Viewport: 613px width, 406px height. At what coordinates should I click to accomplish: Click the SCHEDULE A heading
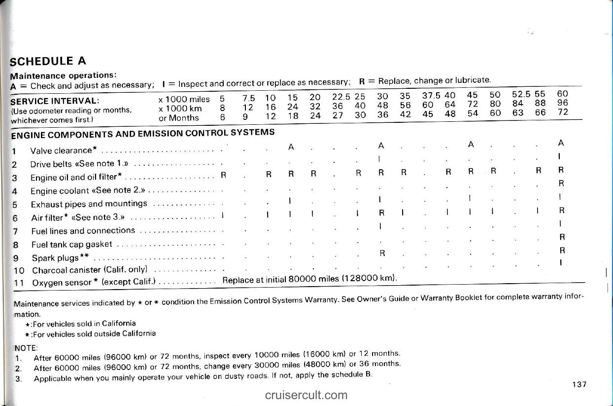48,61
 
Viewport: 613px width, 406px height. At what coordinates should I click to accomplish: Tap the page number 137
579,384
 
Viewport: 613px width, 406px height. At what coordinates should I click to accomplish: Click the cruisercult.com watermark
306,395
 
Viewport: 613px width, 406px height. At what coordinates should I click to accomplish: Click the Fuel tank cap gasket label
71,244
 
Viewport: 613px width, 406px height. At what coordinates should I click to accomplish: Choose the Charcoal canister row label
94,270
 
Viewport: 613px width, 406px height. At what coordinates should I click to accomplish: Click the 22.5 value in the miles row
341,97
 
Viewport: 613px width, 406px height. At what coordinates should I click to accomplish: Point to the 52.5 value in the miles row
520,94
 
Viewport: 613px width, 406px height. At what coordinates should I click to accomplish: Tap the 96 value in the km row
562,103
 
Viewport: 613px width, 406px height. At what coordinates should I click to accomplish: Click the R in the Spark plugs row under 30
382,253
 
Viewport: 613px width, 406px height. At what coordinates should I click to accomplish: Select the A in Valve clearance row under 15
291,147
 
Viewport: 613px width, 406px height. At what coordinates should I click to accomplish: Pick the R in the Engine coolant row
561,183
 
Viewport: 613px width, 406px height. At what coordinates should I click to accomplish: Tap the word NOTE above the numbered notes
23,347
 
